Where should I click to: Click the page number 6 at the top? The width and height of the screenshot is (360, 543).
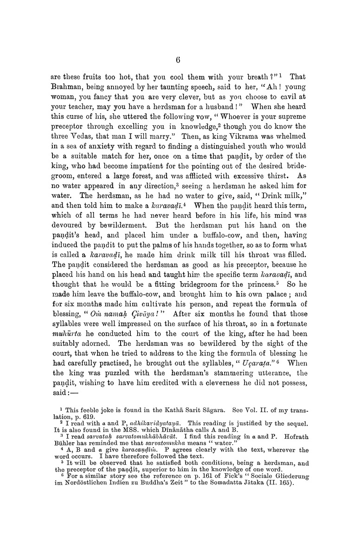coord(179,59)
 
